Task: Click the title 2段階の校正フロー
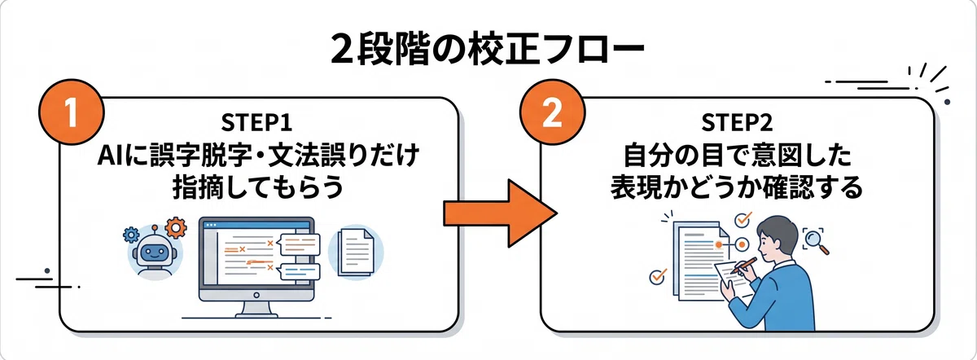(x=487, y=50)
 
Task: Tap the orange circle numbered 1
(x=72, y=112)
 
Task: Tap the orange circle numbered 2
(x=552, y=112)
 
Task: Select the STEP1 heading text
(x=256, y=122)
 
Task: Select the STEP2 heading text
(x=737, y=122)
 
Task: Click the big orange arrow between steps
(x=500, y=213)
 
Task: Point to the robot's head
(x=155, y=251)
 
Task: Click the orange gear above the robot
(x=176, y=227)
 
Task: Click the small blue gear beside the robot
(x=131, y=235)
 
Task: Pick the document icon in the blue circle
(x=356, y=252)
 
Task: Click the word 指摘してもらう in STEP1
(x=258, y=187)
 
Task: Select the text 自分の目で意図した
(x=737, y=156)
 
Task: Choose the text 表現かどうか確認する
(x=737, y=187)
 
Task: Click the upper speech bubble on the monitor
(x=300, y=244)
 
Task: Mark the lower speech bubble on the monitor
(x=300, y=272)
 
